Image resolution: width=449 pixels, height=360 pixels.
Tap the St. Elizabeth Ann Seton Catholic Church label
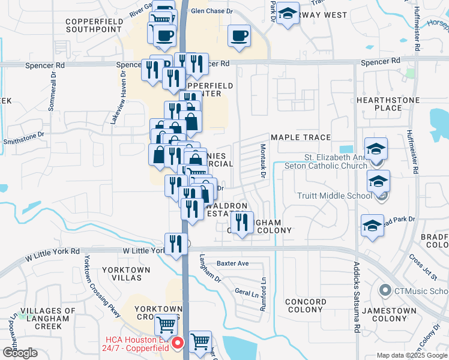[x=334, y=161]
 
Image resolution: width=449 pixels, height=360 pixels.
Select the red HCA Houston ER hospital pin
[x=178, y=343]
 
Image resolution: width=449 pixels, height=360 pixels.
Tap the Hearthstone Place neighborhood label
[x=387, y=103]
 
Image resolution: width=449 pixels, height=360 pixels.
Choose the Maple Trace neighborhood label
[x=301, y=137]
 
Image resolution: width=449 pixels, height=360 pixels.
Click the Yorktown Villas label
[x=125, y=274]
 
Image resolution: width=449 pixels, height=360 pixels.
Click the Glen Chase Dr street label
[x=211, y=11]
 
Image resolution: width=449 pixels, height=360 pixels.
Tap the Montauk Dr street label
[x=263, y=161]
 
